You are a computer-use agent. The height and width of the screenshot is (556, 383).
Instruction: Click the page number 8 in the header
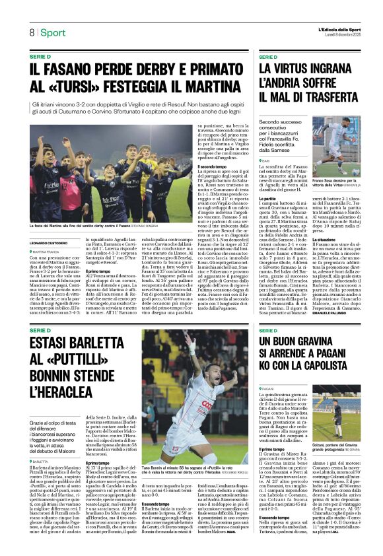click(x=31, y=33)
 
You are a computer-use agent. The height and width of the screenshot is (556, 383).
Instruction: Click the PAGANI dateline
click(x=268, y=390)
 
